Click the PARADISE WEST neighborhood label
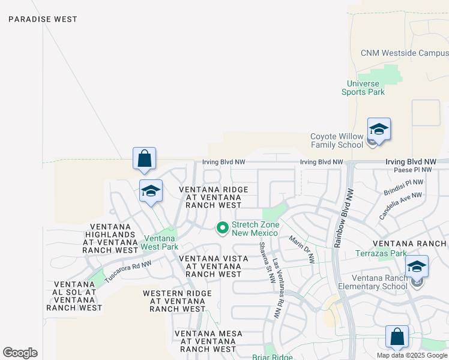click(x=43, y=19)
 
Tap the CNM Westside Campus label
click(x=405, y=53)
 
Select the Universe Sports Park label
click(x=363, y=88)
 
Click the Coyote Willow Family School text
click(x=337, y=140)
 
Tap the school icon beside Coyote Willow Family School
click(x=379, y=130)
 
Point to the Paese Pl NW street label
click(x=413, y=170)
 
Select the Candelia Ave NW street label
click(x=400, y=205)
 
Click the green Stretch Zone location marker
click(x=222, y=227)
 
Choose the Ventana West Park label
click(x=160, y=242)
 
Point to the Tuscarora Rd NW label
click(x=128, y=271)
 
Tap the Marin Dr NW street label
click(x=301, y=249)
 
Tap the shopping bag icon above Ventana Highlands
click(x=145, y=159)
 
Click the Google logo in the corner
click(x=20, y=353)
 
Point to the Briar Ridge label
click(x=273, y=357)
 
